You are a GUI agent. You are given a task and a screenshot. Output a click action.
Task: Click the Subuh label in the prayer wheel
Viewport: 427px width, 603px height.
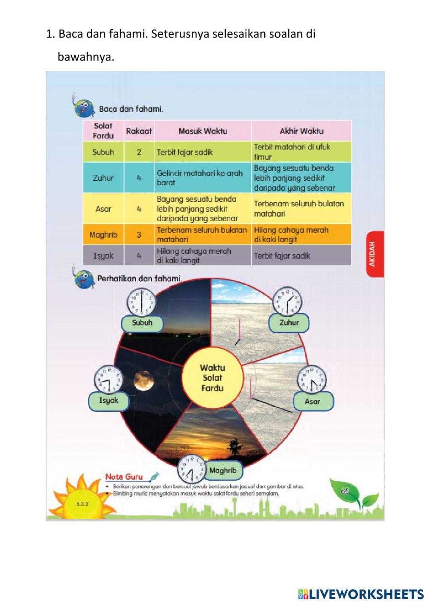[142, 323]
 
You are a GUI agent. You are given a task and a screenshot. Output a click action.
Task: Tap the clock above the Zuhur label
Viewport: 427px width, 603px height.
[287, 301]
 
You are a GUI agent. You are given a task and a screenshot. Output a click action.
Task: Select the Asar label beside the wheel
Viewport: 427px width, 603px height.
[313, 401]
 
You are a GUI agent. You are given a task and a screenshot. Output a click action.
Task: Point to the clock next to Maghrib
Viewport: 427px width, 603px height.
[191, 469]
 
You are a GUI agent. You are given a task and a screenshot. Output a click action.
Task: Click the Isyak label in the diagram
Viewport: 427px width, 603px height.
[108, 401]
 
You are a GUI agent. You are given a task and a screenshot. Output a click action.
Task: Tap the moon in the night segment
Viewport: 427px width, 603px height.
[143, 380]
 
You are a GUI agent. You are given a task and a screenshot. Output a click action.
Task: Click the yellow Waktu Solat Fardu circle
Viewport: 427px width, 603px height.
[212, 378]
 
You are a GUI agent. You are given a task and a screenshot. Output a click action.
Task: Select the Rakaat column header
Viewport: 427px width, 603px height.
[139, 131]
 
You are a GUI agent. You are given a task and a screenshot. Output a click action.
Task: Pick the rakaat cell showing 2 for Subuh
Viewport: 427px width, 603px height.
[139, 152]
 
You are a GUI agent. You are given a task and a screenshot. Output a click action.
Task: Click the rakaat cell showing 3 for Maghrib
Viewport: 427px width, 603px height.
[139, 235]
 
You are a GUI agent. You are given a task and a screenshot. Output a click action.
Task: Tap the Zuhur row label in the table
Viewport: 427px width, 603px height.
[103, 178]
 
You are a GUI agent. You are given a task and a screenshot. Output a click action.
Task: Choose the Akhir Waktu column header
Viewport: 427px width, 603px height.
[301, 131]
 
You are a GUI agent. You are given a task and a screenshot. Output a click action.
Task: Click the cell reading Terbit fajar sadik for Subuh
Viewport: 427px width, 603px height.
[202, 152]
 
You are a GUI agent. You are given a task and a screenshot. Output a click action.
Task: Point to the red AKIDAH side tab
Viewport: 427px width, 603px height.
[374, 254]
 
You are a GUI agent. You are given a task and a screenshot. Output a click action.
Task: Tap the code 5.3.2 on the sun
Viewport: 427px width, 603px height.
[82, 504]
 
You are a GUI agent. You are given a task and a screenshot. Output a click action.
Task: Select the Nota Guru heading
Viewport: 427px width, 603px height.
[124, 477]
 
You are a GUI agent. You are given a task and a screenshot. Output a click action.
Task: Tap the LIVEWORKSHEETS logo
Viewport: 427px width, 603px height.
[361, 594]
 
